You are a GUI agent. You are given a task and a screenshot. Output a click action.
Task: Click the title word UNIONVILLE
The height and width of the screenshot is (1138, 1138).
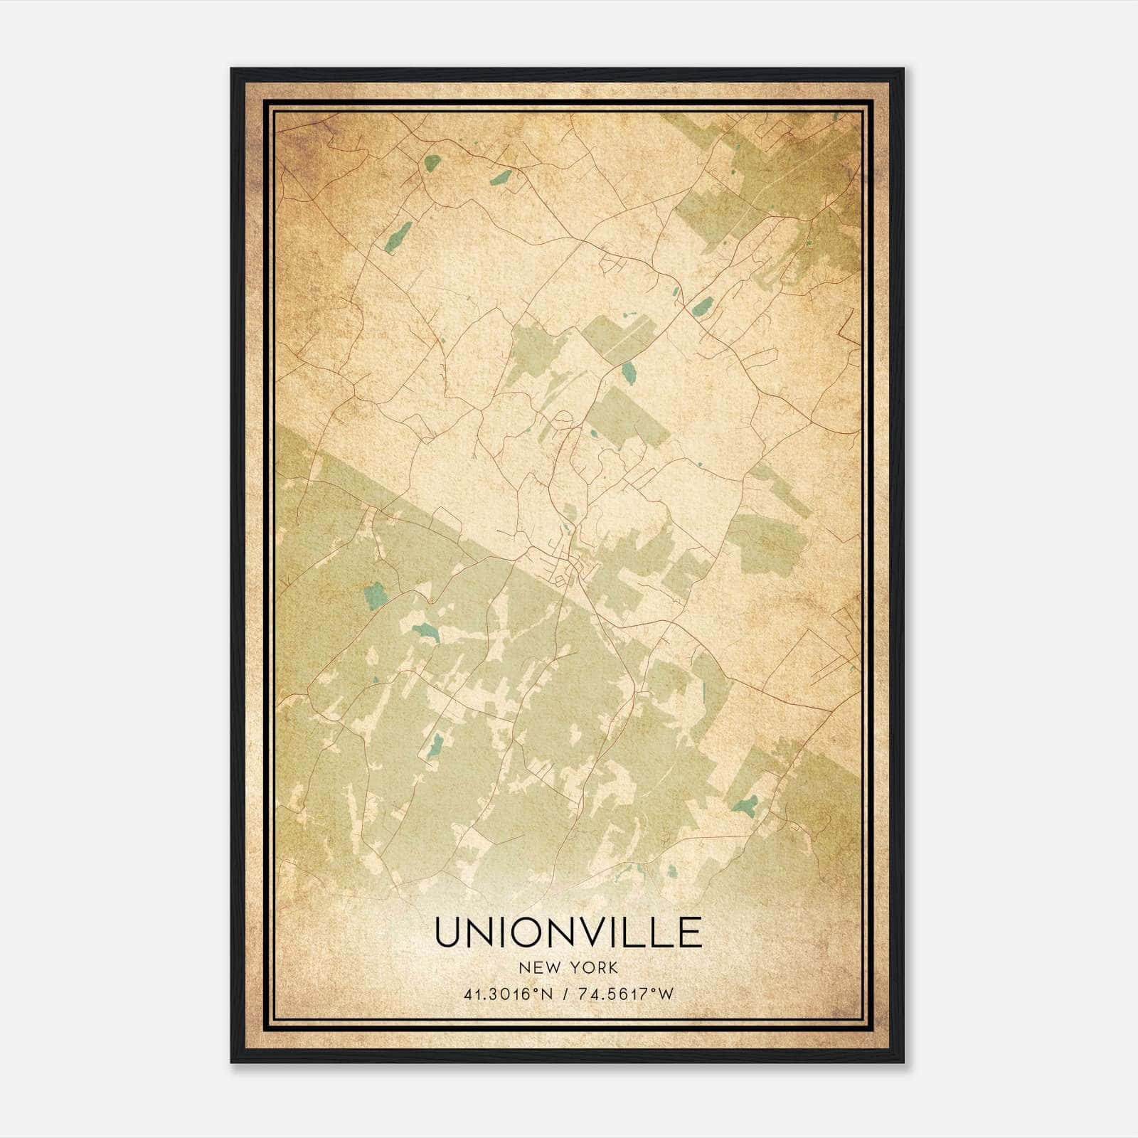pyautogui.click(x=568, y=932)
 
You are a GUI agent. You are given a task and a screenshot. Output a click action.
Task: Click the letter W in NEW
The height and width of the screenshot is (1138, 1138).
pyautogui.click(x=555, y=967)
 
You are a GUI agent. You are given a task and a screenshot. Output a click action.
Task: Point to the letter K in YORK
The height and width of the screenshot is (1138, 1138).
pyautogui.click(x=613, y=967)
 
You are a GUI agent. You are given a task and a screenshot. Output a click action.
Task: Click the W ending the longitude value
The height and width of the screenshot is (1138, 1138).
pyautogui.click(x=665, y=994)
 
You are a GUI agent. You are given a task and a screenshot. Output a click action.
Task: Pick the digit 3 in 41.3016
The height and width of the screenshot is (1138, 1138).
pyautogui.click(x=491, y=994)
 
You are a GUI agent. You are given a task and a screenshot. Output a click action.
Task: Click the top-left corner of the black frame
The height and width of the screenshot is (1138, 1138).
pyautogui.click(x=232, y=69)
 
